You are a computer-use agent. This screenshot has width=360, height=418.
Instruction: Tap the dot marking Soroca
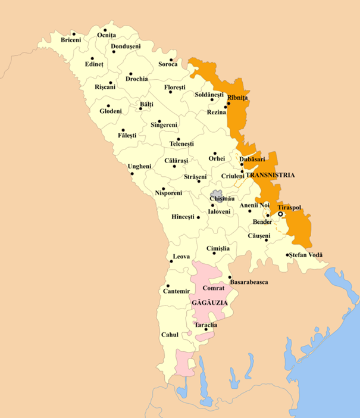[171, 60]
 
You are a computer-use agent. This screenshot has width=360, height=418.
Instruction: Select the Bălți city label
[146, 104]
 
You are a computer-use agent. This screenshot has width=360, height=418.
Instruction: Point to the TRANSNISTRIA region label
[271, 176]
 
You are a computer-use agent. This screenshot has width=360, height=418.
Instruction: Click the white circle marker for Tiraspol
[280, 214]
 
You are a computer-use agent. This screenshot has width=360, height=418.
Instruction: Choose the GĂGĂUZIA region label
[209, 303]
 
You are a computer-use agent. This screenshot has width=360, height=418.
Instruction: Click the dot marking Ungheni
[132, 174]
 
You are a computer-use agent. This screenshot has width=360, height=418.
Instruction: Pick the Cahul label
[170, 335]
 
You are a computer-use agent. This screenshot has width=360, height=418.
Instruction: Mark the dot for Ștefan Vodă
[287, 255]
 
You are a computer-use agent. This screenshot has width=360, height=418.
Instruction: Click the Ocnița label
[107, 36]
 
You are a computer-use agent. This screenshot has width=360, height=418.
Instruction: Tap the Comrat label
[213, 289]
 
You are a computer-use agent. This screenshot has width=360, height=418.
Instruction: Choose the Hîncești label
[182, 217]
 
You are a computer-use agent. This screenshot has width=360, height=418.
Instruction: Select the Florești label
[177, 88]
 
